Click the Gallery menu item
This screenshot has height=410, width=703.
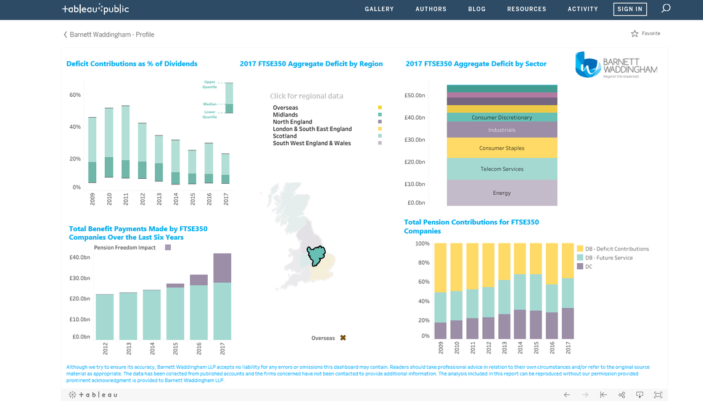click(379, 9)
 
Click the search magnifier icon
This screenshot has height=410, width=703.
click(665, 9)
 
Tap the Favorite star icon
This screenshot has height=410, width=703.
click(635, 33)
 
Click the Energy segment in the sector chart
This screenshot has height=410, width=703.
click(501, 193)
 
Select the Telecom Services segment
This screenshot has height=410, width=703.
click(501, 169)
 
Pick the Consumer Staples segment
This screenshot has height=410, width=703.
click(501, 148)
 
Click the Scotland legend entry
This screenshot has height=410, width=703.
click(285, 136)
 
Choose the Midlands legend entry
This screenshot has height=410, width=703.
click(286, 115)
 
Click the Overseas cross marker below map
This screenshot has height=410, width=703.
click(343, 338)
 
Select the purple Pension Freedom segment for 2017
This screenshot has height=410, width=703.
click(222, 268)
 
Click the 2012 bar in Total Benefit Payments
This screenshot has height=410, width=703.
click(104, 316)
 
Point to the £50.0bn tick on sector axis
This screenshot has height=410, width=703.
click(414, 96)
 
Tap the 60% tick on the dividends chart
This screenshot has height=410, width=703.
click(75, 95)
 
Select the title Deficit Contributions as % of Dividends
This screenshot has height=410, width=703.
click(131, 64)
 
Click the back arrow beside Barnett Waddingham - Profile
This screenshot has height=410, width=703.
click(65, 35)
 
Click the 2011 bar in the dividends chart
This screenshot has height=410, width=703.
click(126, 142)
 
